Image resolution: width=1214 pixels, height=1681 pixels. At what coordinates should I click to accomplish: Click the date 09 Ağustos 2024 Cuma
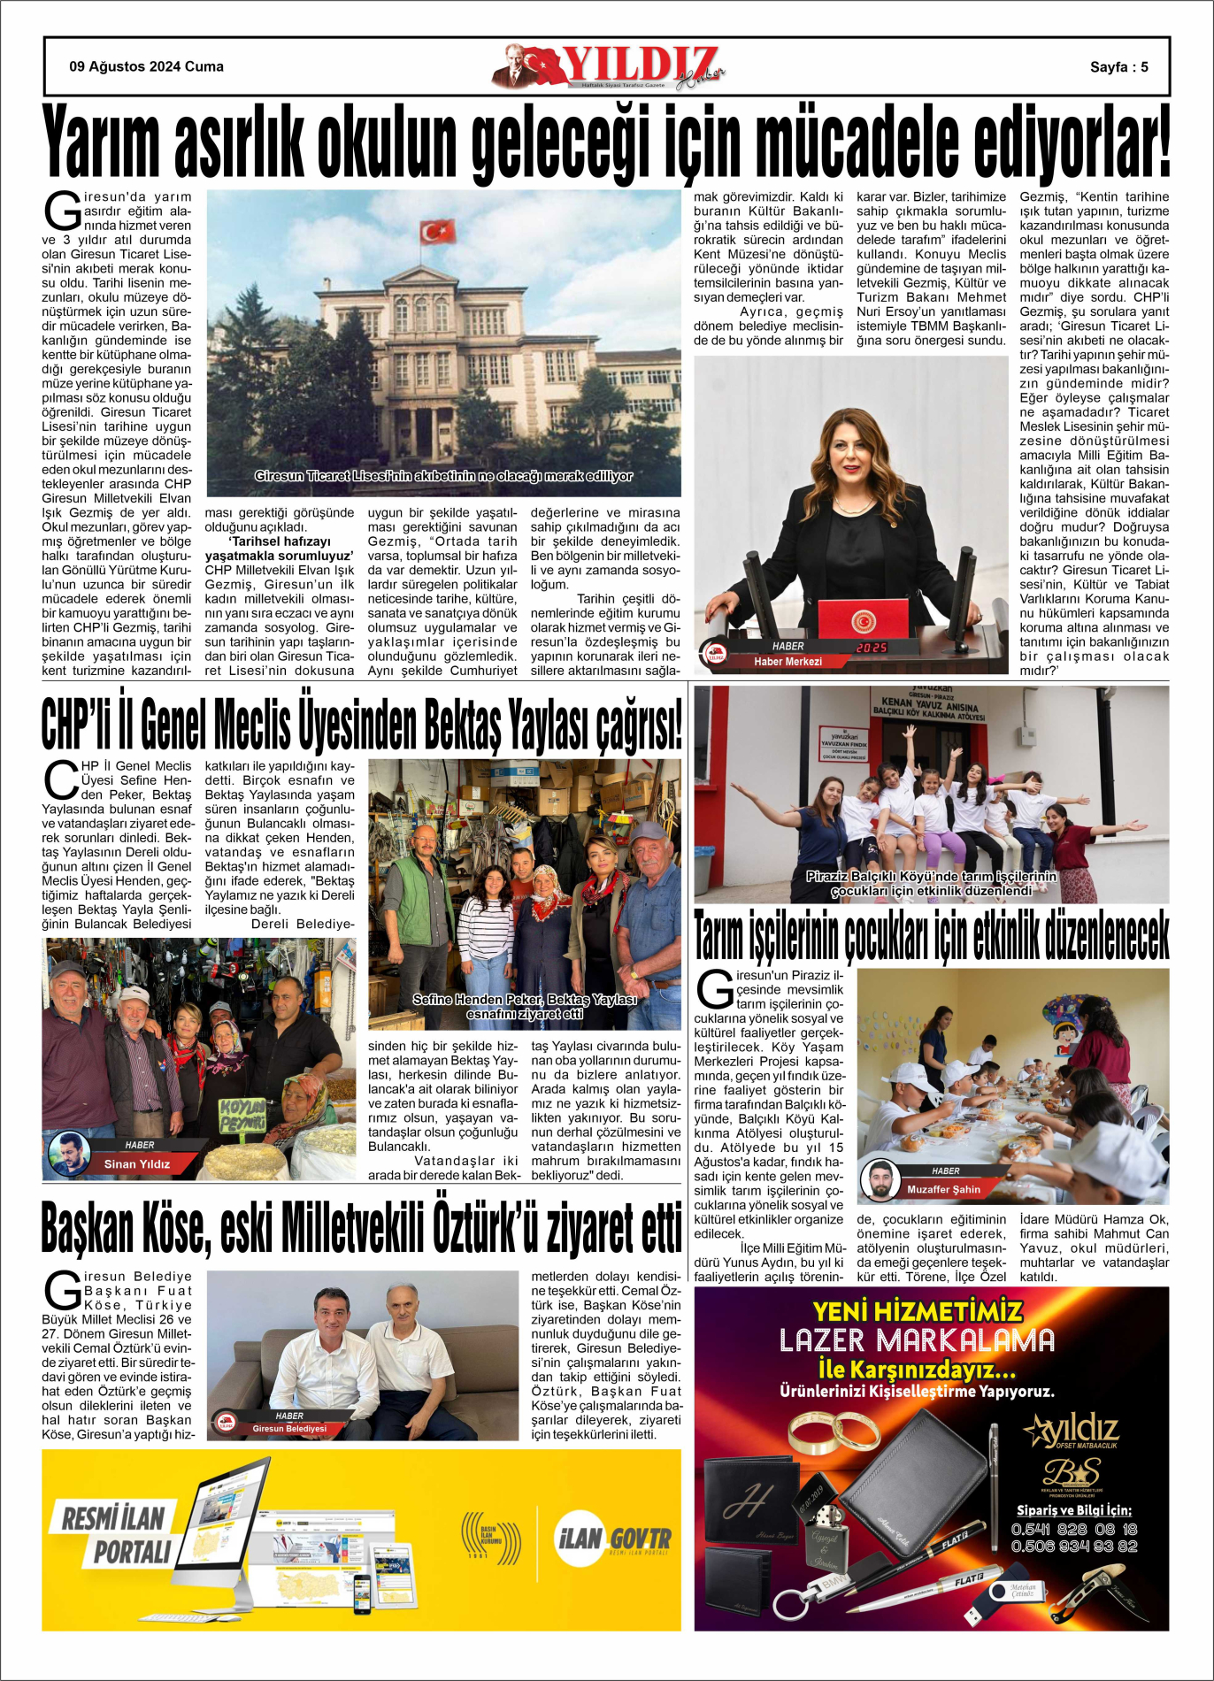(x=146, y=66)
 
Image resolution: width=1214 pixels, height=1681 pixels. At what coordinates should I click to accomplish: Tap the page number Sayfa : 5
(x=1118, y=67)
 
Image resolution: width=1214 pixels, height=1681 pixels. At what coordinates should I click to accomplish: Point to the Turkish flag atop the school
(x=437, y=232)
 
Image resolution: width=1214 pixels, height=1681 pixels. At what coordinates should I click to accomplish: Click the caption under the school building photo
(x=443, y=476)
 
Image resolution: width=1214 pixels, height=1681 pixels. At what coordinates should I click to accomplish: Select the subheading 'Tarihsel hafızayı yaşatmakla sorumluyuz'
(x=280, y=548)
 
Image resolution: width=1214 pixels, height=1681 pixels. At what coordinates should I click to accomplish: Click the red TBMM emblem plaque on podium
(x=864, y=618)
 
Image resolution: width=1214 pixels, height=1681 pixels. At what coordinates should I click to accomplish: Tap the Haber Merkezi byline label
(x=788, y=661)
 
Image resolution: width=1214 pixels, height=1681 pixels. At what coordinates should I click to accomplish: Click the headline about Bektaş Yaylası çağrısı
(x=361, y=724)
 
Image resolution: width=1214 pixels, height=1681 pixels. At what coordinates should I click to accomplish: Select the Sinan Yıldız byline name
(x=137, y=1163)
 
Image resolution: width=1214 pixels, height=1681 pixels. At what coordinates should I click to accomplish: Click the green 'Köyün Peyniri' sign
(x=242, y=1116)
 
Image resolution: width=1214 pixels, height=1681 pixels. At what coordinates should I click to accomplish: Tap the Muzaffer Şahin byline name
(x=943, y=1189)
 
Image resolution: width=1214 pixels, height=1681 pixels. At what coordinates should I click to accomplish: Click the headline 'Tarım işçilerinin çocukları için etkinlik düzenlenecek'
(x=931, y=935)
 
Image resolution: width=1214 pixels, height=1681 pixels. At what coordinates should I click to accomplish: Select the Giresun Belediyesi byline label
(x=289, y=1428)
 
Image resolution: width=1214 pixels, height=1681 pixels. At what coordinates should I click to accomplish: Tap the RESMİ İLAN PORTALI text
(x=115, y=1535)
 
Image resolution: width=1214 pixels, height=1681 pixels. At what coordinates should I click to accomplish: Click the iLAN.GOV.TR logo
(x=612, y=1539)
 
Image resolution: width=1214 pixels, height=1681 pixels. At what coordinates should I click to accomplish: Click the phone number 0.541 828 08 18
(x=1074, y=1529)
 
